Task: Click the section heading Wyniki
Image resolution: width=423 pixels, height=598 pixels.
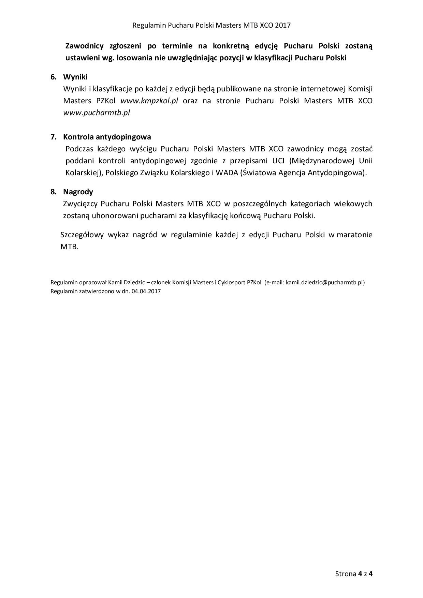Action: [75, 77]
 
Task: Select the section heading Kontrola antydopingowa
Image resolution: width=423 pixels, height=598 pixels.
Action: [107, 137]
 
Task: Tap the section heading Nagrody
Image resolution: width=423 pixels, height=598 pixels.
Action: [78, 192]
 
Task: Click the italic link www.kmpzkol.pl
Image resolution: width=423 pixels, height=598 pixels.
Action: [149, 101]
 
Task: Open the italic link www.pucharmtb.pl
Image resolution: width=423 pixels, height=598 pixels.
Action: [97, 113]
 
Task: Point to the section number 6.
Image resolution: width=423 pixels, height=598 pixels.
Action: [53, 77]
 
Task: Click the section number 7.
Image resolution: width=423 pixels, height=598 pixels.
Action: [53, 137]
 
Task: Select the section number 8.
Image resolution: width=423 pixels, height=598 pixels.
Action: [53, 192]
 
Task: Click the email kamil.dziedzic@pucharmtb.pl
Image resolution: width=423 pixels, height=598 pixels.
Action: [324, 283]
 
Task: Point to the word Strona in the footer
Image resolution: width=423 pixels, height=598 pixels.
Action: [346, 574]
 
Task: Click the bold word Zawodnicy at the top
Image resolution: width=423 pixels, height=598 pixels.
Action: [84, 46]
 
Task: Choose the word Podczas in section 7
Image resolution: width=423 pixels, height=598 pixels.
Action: [78, 149]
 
